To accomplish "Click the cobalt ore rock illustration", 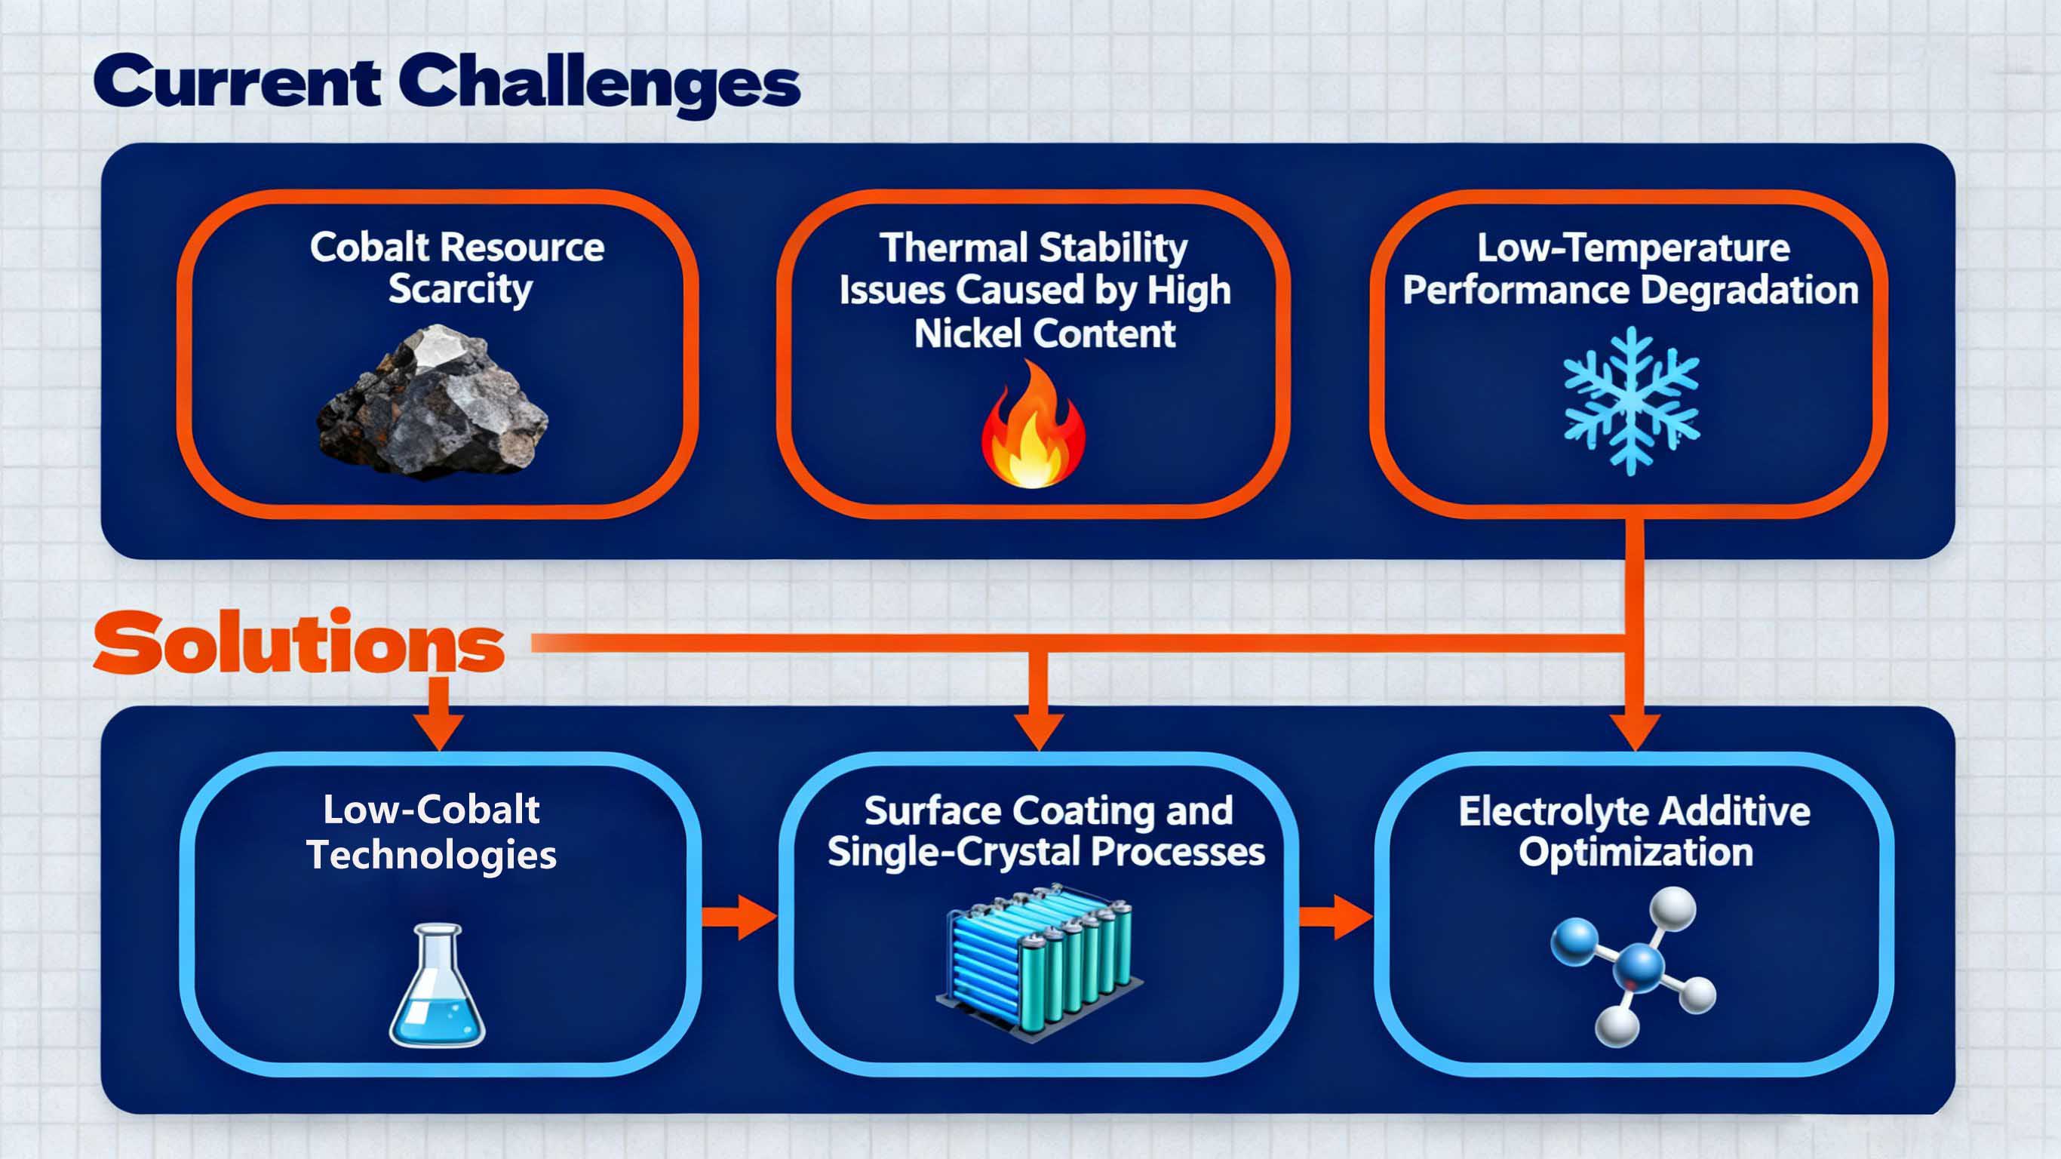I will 432,404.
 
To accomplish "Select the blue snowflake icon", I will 1631,400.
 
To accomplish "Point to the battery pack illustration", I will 1039,961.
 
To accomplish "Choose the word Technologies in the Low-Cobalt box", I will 432,854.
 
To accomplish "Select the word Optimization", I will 1636,852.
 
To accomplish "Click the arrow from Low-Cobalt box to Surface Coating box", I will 740,918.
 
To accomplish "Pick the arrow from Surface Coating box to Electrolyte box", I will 1335,918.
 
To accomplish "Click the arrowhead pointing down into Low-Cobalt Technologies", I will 438,730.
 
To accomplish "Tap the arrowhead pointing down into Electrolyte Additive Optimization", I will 1635,730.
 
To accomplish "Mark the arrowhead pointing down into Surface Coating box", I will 1039,730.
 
